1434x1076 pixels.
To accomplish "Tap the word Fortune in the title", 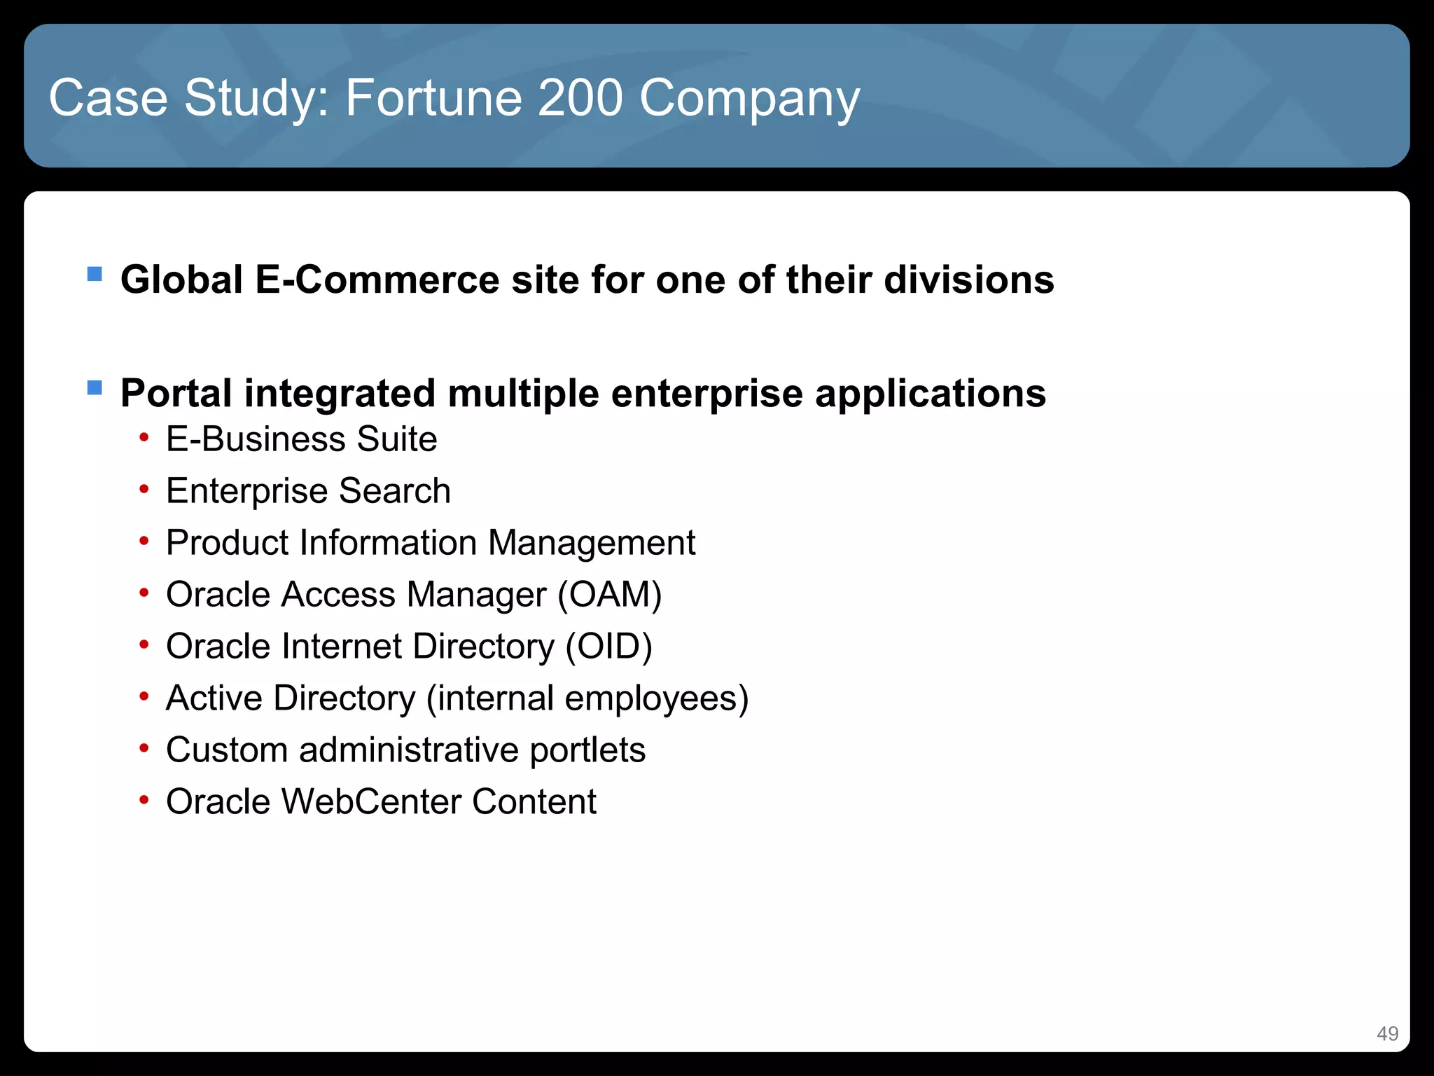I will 433,97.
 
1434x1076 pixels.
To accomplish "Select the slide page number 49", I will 1386,1033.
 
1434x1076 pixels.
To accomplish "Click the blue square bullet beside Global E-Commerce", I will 95,273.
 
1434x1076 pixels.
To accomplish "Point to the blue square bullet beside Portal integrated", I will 95,387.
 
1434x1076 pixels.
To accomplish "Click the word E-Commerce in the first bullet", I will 377,280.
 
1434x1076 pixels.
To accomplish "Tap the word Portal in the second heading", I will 176,393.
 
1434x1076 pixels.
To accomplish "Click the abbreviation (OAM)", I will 609,595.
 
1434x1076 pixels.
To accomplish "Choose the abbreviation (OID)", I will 608,647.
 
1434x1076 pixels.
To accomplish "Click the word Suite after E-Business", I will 396,439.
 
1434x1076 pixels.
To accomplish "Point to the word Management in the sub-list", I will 592,543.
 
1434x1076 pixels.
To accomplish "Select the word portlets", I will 587,750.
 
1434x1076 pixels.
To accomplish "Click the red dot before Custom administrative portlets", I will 144,749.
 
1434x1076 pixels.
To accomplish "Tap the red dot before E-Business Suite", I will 144,439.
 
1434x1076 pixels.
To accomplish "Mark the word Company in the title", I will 749,99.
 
